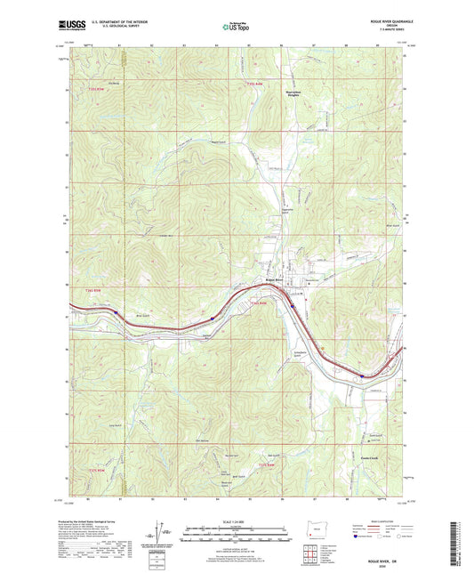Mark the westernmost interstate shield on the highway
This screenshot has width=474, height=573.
pyautogui.click(x=116, y=313)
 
